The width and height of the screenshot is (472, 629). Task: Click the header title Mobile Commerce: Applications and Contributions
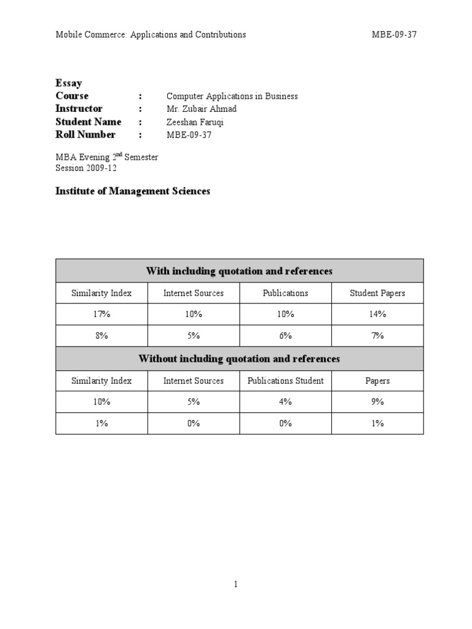point(151,34)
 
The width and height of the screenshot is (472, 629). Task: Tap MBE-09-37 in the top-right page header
point(394,34)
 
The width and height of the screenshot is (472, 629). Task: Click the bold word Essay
point(69,83)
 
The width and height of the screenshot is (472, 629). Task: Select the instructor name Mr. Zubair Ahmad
point(201,109)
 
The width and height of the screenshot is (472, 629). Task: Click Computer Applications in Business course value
point(232,96)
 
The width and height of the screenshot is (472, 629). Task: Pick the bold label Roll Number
point(85,135)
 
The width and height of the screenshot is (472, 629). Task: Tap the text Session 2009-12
point(86,168)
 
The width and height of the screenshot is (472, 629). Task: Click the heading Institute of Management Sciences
point(133,191)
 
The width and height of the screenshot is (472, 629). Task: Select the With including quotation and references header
point(239,271)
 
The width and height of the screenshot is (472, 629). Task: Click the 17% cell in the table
point(101,314)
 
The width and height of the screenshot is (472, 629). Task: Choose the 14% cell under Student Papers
point(377,314)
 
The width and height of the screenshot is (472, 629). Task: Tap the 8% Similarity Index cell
point(101,335)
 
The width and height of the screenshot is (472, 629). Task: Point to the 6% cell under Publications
point(285,335)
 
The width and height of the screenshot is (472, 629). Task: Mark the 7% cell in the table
point(377,335)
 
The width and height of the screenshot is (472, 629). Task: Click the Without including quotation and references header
point(239,358)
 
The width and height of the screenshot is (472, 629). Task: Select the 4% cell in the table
point(285,402)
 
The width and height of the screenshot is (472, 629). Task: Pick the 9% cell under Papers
point(377,402)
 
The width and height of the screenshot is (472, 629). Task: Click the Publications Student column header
point(285,381)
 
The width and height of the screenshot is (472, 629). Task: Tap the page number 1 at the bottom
point(235,584)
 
